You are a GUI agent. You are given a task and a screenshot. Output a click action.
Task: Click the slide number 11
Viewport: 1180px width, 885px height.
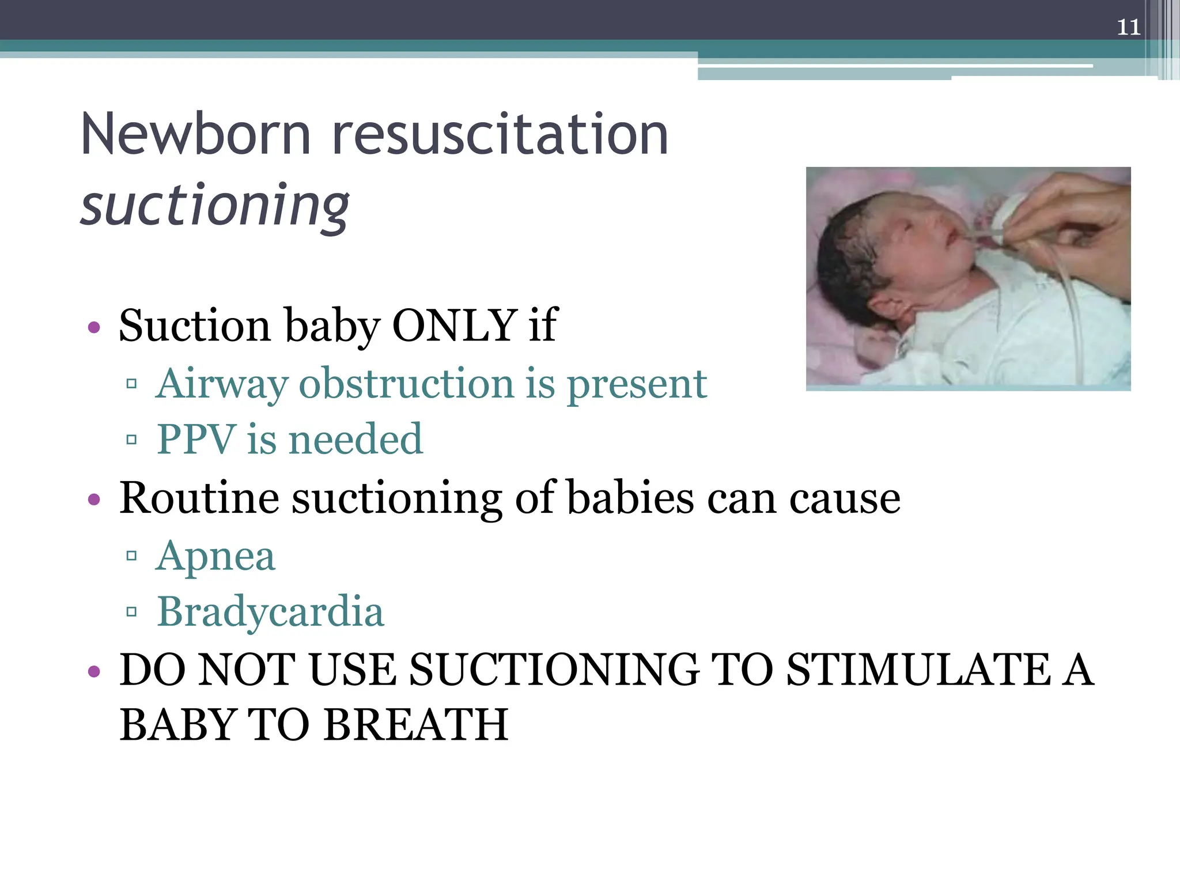coord(1128,27)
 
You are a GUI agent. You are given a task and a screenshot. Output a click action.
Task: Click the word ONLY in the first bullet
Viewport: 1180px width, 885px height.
coord(454,325)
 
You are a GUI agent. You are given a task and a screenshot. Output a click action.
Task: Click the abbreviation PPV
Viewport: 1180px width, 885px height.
coord(196,439)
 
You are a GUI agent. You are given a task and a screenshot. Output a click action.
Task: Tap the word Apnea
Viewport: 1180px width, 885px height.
coord(216,556)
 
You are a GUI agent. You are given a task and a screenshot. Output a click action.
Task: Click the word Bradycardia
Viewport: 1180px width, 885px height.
coord(270,611)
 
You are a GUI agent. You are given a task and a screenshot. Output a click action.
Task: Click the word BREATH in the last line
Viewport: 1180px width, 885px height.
coord(415,725)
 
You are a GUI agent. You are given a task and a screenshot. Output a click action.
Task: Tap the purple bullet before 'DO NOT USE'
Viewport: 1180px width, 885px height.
coord(94,672)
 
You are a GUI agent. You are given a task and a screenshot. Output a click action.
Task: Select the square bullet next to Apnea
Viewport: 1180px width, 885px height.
coord(131,556)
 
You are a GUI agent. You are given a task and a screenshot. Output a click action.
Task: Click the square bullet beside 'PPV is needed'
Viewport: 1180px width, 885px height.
coord(131,440)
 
